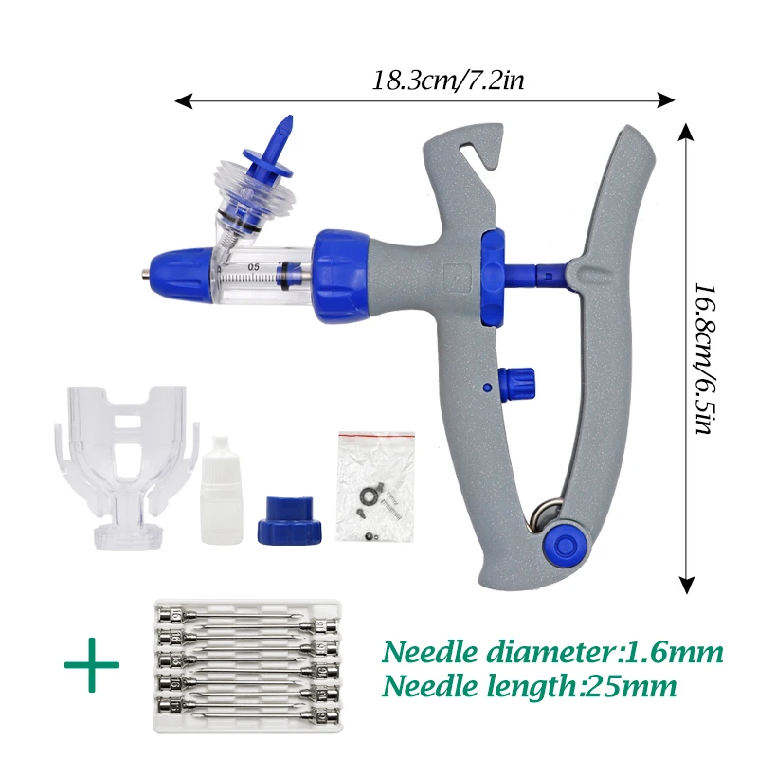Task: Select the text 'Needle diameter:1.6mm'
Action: tap(552, 652)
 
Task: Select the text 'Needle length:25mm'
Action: tap(529, 685)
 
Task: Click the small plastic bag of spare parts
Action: tap(376, 487)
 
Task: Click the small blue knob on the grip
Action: tap(522, 384)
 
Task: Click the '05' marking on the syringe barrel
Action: tap(254, 268)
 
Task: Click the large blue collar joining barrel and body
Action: tap(338, 274)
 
